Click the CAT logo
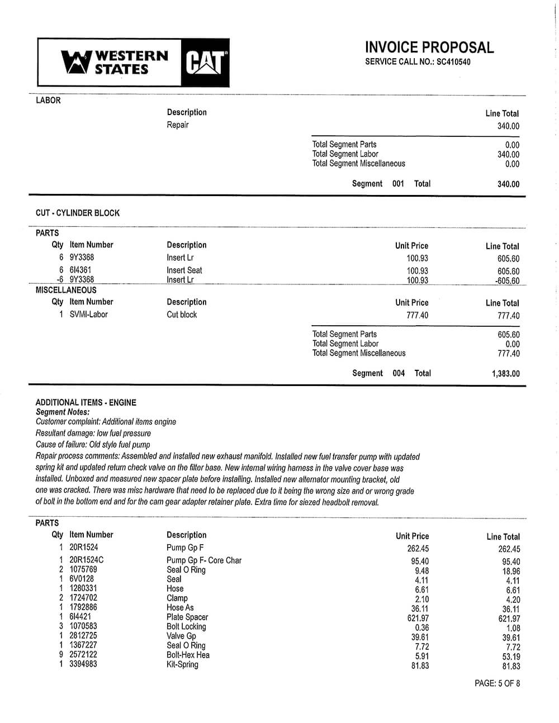tap(205, 63)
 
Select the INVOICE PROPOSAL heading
tap(429, 47)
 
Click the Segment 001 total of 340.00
tap(508, 184)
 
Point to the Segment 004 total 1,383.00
tap(505, 374)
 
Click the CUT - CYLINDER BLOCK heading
tap(78, 213)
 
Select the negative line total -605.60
tap(507, 281)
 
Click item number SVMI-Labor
tap(88, 315)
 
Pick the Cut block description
tap(182, 315)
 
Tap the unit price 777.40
tap(417, 316)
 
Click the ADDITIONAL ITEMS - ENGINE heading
tap(86, 402)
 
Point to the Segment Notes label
tap(63, 412)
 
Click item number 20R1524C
tap(86, 560)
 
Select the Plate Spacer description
tap(187, 617)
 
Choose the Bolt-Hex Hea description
tap(188, 655)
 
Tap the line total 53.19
tap(511, 657)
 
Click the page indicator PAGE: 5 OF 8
tap(497, 683)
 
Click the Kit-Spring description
tap(182, 664)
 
